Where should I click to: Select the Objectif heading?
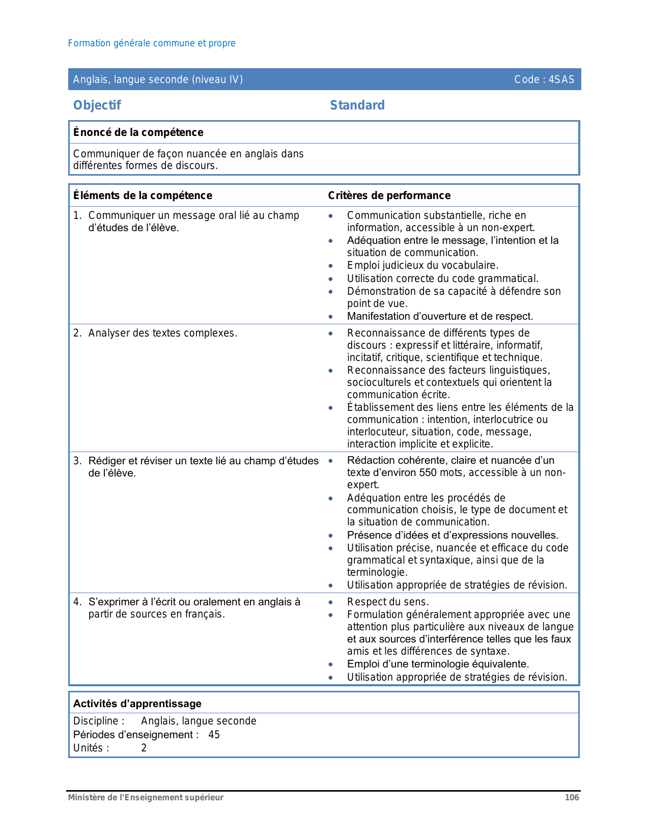(x=97, y=105)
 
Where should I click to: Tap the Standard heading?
(x=357, y=105)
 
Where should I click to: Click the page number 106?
(x=572, y=797)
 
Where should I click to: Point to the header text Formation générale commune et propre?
(x=152, y=43)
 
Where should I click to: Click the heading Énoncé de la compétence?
(x=138, y=132)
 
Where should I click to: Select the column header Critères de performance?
(x=389, y=195)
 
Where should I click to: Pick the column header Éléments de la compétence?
(x=143, y=195)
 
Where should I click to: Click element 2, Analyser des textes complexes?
(x=162, y=333)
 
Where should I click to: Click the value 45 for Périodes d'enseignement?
(x=214, y=735)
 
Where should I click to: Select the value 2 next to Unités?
(x=144, y=748)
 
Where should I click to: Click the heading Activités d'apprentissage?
(x=137, y=704)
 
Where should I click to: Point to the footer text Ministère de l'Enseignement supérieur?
(x=146, y=797)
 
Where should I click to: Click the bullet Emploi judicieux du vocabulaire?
(x=422, y=265)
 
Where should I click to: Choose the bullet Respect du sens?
(x=388, y=602)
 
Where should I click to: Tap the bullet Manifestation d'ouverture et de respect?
(x=440, y=316)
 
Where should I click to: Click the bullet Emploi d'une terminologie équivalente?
(x=438, y=664)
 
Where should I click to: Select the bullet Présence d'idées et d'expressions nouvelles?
(x=453, y=535)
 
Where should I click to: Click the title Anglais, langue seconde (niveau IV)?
(x=158, y=79)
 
